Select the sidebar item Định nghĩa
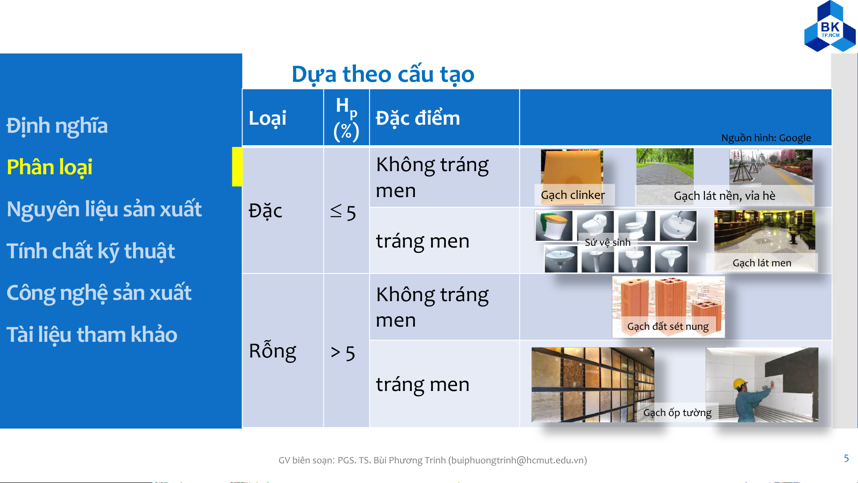pos(57,126)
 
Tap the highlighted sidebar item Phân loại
pos(50,168)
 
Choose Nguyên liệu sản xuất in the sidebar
pos(105,209)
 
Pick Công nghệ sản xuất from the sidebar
pos(99,293)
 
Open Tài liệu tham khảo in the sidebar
pos(92,335)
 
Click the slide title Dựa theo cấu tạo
pos(383,75)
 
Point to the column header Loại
pos(268,118)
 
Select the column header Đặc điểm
pos(418,118)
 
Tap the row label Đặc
pos(265,211)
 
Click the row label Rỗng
pos(272,351)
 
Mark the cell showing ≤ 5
pos(343,212)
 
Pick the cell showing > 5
pos(343,353)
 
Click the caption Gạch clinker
pos(573,195)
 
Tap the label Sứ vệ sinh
pos(608,243)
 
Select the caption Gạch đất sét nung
pos(668,327)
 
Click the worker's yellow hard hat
pos(740,383)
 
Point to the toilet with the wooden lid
pos(554,226)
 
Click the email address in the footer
pos(518,460)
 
